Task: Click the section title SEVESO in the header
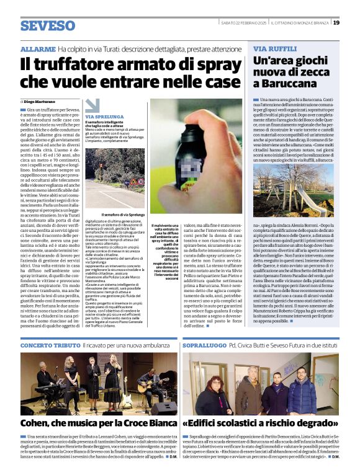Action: click(x=47, y=25)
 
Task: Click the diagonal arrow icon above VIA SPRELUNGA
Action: click(x=92, y=105)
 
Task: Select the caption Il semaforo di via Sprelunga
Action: click(x=123, y=215)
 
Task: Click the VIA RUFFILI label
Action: click(x=268, y=48)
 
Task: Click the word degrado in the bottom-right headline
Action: click(x=314, y=424)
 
